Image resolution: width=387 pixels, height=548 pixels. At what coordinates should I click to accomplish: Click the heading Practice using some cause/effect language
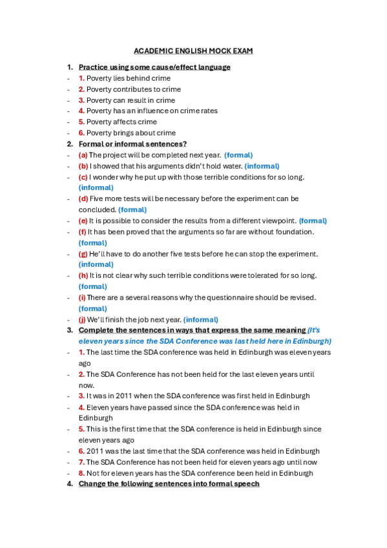[154, 67]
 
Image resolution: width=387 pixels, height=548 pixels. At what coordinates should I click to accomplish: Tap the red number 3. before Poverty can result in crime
[81, 100]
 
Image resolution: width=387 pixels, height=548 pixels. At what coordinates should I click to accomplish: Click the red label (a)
[83, 155]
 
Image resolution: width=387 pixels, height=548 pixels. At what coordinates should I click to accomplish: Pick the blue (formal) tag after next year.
[238, 155]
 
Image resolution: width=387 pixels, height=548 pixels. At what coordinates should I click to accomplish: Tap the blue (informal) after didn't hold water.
[262, 166]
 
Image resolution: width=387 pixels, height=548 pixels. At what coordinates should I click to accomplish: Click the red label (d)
[83, 199]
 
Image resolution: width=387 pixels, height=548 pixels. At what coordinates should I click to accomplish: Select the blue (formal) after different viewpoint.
[313, 220]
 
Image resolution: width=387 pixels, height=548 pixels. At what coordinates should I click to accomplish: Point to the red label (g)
[83, 254]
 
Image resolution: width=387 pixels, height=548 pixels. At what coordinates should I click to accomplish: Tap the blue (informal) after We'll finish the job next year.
[200, 319]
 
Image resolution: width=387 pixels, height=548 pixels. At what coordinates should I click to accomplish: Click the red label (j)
[83, 319]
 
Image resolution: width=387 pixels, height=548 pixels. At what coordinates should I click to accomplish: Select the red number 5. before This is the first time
[81, 429]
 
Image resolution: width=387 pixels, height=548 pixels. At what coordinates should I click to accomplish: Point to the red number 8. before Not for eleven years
[81, 473]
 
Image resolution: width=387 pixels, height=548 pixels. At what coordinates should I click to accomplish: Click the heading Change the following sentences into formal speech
[169, 484]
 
